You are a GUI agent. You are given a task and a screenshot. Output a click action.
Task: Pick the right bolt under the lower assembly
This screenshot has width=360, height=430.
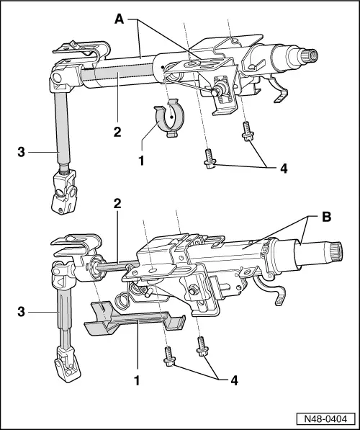point(202,346)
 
